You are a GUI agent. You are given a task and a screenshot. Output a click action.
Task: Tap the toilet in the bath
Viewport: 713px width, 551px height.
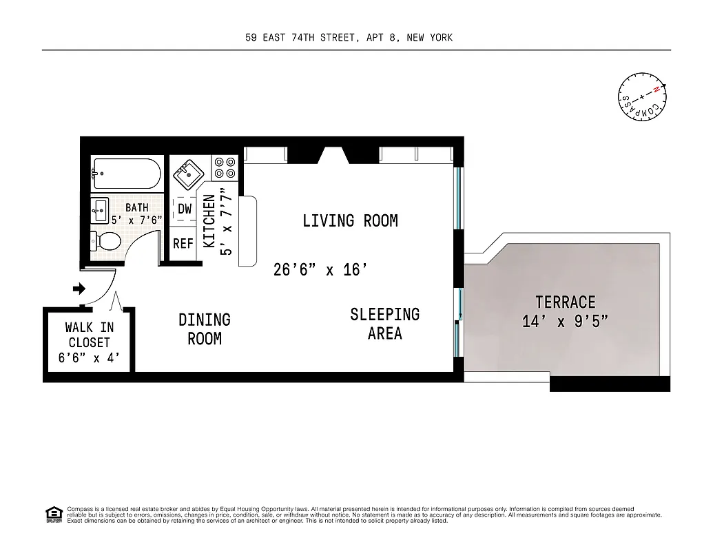point(106,242)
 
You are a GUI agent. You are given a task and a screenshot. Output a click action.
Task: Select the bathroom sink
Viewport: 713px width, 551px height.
point(100,208)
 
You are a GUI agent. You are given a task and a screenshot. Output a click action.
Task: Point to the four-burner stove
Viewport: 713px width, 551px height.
point(225,167)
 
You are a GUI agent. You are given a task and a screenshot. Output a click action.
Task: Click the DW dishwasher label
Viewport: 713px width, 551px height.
point(184,209)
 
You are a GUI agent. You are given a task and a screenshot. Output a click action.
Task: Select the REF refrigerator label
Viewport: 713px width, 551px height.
point(183,244)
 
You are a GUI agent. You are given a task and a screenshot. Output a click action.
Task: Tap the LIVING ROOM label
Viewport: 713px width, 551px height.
point(350,221)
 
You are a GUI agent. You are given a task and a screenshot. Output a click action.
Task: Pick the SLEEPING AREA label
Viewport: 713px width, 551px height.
point(384,324)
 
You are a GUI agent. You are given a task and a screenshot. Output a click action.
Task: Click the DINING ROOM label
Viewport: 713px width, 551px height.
point(205,329)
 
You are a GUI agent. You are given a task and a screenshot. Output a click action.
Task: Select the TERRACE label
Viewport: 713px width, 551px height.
point(565,302)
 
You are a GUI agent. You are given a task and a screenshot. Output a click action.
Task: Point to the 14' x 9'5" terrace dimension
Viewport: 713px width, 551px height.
point(565,321)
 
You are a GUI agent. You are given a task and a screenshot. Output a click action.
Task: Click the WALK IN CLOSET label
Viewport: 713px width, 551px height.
point(90,335)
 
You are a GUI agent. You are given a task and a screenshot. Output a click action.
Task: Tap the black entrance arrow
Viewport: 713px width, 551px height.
point(79,289)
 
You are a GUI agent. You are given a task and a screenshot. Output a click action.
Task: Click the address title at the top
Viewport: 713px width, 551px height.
point(349,38)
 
